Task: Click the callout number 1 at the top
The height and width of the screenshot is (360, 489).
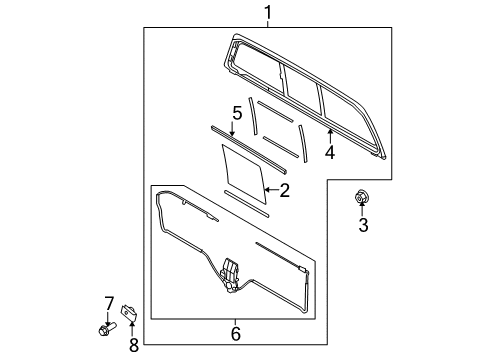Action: click(268, 13)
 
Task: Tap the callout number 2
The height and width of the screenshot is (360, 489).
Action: click(284, 190)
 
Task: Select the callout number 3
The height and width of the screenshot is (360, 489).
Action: click(363, 225)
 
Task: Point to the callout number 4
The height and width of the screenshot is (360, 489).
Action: click(330, 153)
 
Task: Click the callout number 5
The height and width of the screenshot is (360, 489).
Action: click(237, 113)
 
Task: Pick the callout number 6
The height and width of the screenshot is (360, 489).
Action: click(236, 334)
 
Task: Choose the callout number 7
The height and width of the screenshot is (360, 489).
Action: click(109, 303)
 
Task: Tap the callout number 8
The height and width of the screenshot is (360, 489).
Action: click(134, 345)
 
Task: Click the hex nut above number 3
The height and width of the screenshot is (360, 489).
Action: click(361, 196)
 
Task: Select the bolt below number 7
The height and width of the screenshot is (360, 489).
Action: click(107, 328)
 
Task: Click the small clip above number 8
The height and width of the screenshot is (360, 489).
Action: click(130, 313)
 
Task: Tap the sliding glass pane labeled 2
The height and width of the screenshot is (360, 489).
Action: click(244, 174)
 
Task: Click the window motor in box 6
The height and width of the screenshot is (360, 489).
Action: click(231, 276)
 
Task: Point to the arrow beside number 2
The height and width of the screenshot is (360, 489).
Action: click(271, 190)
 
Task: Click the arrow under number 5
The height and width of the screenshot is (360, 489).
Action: click(232, 129)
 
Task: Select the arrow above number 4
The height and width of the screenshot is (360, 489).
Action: click(330, 136)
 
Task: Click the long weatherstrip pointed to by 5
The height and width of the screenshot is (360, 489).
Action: click(249, 149)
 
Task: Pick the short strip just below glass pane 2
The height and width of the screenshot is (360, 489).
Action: click(246, 204)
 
